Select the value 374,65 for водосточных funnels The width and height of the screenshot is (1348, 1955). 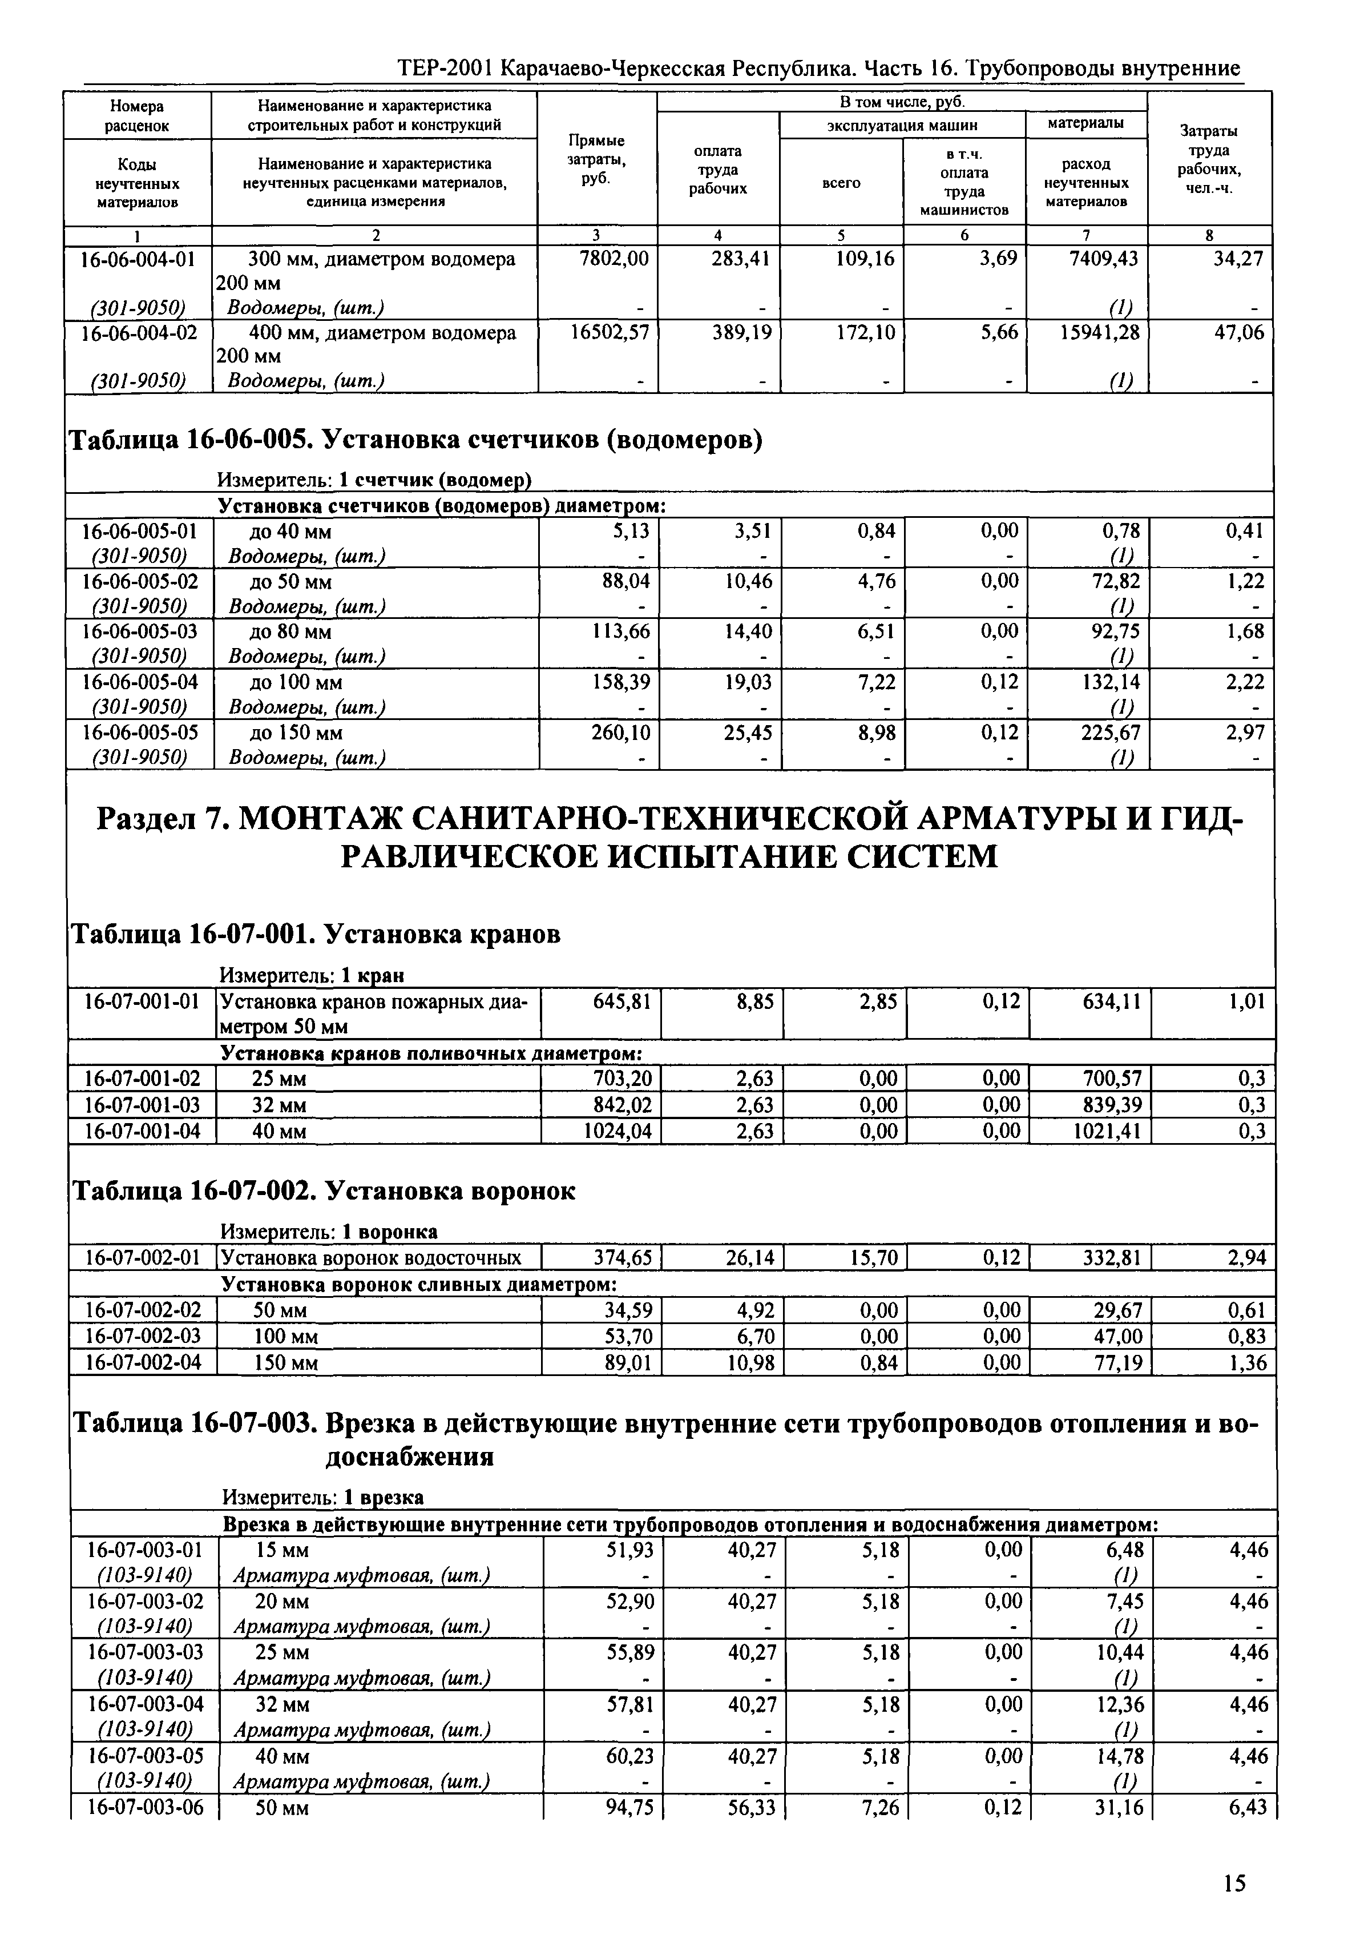pos(623,1258)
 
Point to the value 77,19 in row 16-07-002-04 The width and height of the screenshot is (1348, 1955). pos(1118,1362)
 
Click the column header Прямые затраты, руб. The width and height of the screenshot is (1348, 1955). pos(596,159)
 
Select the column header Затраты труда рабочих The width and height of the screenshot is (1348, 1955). pos(1209,159)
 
